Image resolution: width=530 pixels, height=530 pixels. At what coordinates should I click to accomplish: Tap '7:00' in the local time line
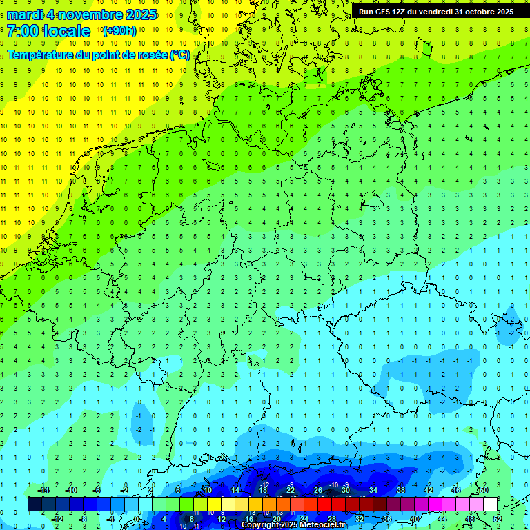coord(23,31)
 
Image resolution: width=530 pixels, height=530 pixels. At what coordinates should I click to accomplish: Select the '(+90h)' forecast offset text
coord(119,31)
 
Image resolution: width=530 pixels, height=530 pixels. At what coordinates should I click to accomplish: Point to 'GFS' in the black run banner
coord(385,12)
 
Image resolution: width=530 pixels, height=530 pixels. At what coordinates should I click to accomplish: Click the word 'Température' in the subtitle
coord(41,55)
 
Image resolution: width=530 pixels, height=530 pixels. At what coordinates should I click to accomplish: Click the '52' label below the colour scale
coord(497,519)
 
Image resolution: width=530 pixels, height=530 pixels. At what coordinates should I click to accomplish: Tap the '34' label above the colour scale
coord(373,489)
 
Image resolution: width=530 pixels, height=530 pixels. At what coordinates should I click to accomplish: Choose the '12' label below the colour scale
coord(222,519)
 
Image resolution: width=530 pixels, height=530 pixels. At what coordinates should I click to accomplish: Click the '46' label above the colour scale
coord(456,489)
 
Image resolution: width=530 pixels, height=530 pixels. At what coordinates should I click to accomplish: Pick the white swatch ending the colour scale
coord(490,504)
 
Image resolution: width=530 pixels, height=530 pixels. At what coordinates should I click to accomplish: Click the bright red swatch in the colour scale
coord(324,504)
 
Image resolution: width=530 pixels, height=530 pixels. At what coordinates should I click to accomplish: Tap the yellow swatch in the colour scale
coord(228,504)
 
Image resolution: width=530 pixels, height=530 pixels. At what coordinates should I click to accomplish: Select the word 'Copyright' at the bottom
coord(260,525)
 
